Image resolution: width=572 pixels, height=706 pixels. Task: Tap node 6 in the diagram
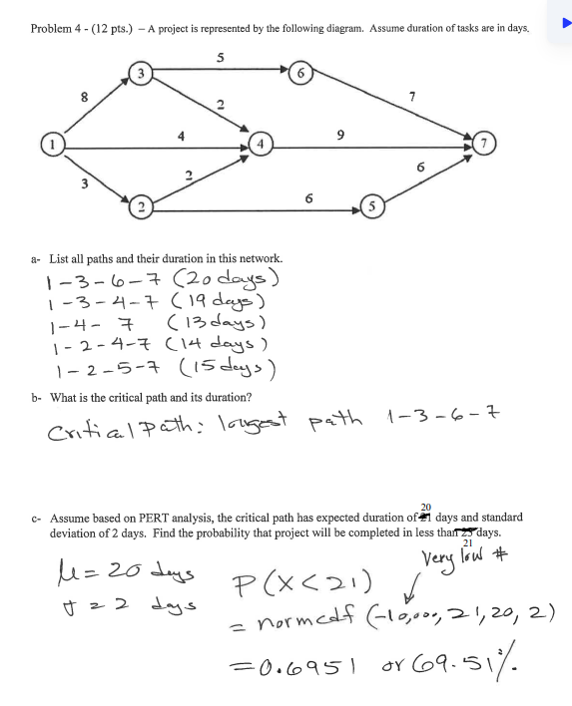click(x=299, y=72)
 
